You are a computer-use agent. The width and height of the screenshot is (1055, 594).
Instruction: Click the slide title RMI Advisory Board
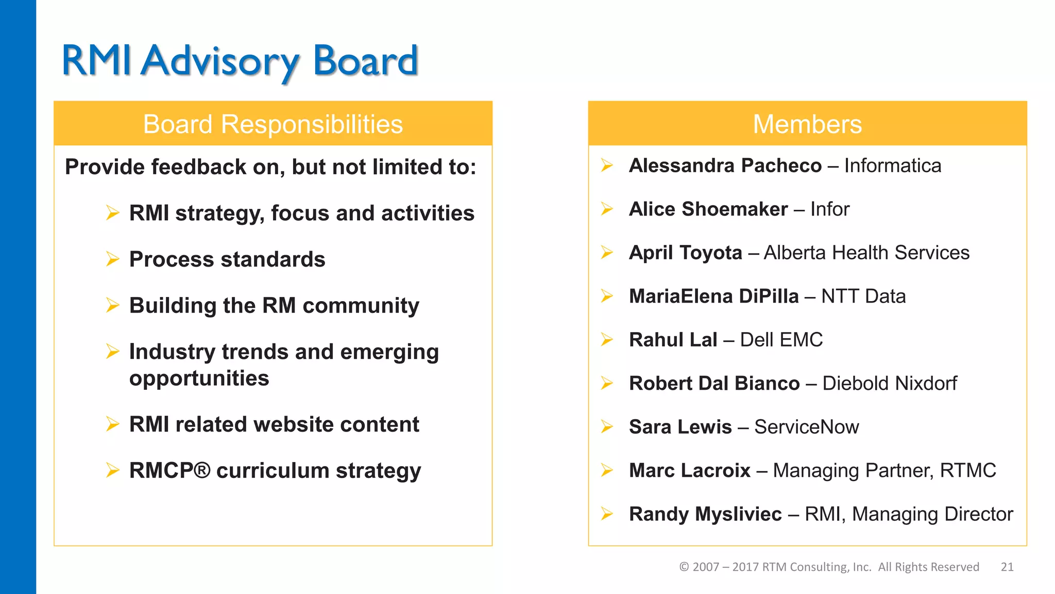pos(240,61)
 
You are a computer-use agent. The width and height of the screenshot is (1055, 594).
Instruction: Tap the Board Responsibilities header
pos(273,124)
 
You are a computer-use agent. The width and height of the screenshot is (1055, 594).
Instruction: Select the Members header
pos(807,124)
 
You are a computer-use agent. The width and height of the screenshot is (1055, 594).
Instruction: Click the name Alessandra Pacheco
pos(725,166)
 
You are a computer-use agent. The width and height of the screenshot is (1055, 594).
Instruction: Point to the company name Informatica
pos(892,166)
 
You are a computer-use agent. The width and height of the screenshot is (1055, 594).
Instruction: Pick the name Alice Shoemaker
pos(708,209)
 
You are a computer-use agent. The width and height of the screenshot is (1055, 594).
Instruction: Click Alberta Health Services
pos(866,253)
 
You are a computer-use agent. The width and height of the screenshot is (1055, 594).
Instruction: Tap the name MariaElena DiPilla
pos(713,296)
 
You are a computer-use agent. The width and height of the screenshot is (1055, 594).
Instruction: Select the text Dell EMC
pos(781,340)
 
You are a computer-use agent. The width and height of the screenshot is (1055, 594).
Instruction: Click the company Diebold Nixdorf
pos(889,383)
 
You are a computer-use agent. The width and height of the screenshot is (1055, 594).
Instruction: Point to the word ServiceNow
pos(806,427)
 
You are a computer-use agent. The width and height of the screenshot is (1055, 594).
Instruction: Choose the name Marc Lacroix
pos(689,470)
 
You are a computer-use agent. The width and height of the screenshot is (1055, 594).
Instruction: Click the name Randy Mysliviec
pos(705,514)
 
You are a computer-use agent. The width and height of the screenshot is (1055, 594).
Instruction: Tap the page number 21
pos(1007,567)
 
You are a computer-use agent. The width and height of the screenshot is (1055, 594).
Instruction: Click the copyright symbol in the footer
pos(684,567)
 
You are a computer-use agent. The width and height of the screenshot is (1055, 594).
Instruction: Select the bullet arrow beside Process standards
pos(112,258)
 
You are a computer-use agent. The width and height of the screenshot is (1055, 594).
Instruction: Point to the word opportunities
pos(199,378)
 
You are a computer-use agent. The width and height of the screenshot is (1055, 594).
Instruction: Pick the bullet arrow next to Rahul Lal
pos(607,339)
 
